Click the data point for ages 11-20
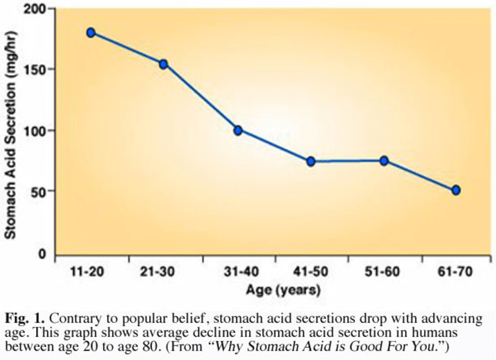tap(91, 33)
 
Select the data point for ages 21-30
tap(163, 64)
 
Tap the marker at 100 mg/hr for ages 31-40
tap(238, 130)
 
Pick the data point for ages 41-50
tap(311, 161)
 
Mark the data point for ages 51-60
tap(384, 161)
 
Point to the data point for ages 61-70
tap(456, 190)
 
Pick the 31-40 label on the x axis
tap(241, 272)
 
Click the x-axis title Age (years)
tap(283, 291)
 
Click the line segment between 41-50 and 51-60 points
tap(347, 161)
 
